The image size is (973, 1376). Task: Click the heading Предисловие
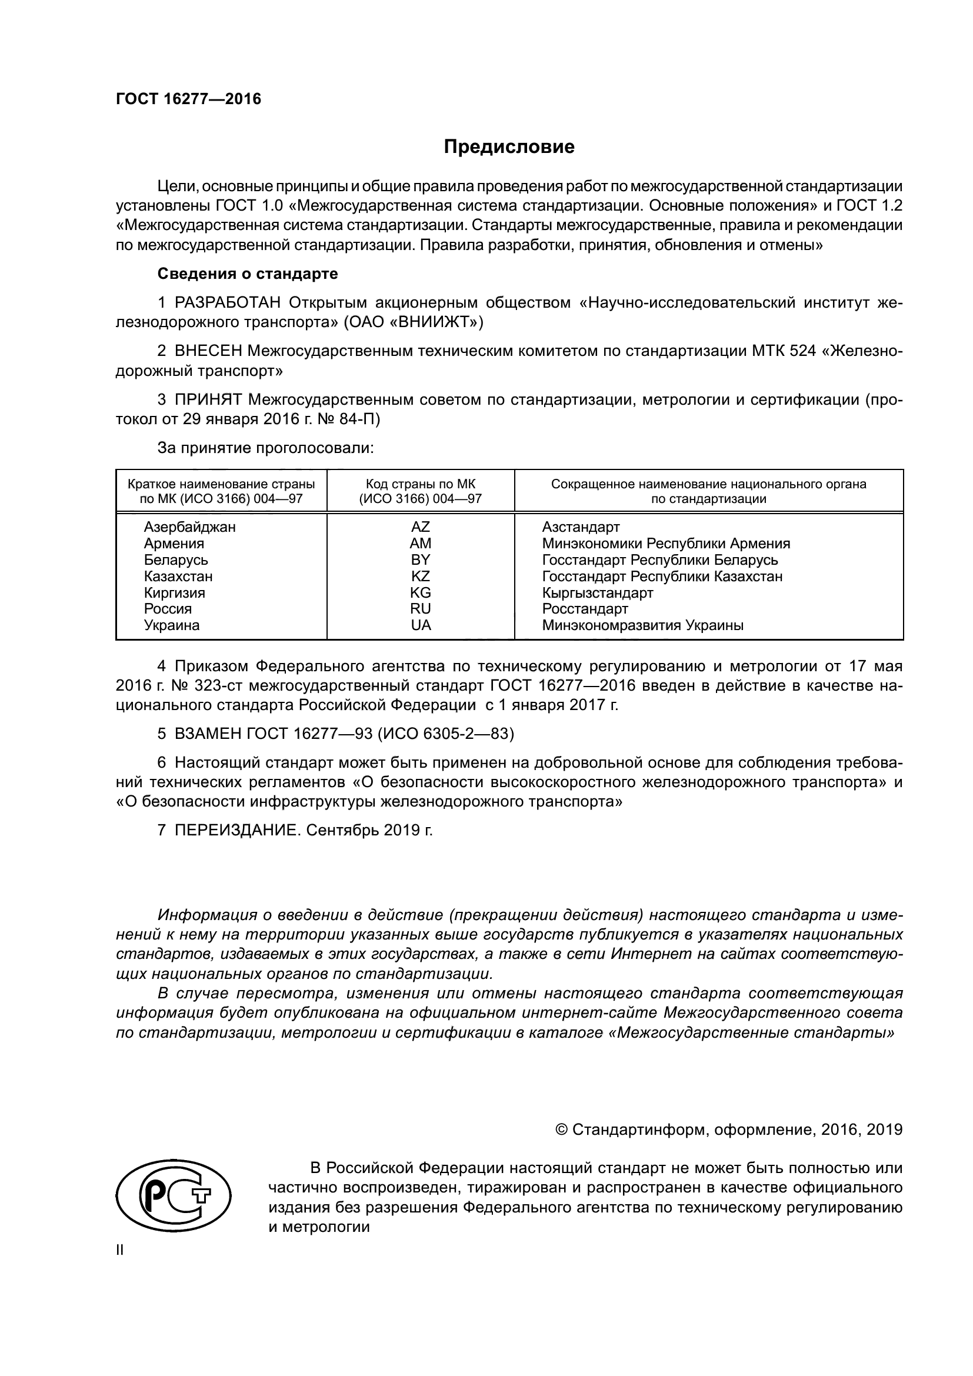[x=509, y=147]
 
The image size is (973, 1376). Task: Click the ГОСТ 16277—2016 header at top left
[x=188, y=99]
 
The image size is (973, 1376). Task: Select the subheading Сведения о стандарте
[x=248, y=274]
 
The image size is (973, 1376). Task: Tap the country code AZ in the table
[x=420, y=527]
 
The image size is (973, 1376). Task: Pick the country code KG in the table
[x=420, y=593]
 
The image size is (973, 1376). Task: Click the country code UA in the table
[x=421, y=625]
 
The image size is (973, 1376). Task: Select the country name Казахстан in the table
[x=178, y=577]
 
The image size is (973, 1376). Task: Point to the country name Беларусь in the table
[x=175, y=559]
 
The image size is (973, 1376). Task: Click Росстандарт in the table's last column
[x=585, y=609]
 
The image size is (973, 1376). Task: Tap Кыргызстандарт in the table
[x=597, y=593]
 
